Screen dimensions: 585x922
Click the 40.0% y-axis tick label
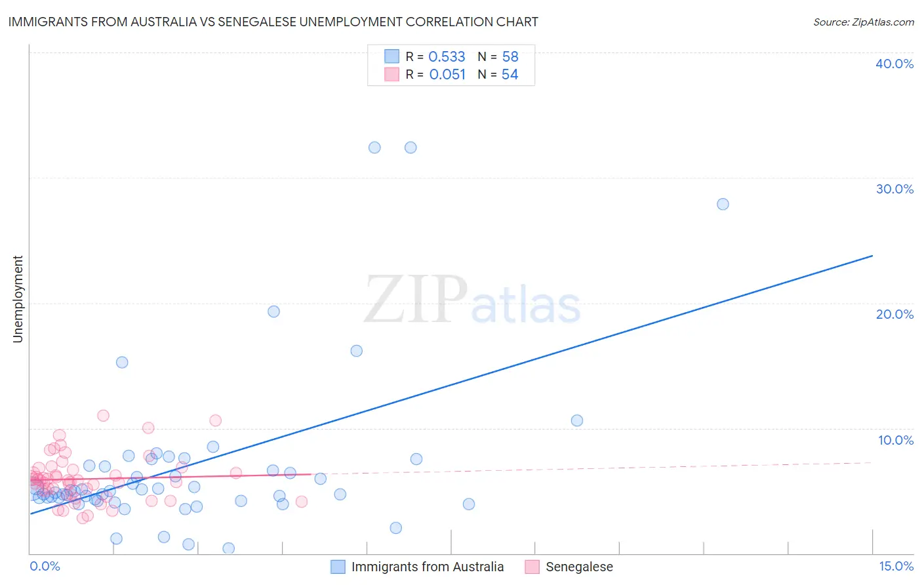[894, 64]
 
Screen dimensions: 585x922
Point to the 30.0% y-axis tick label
[894, 189]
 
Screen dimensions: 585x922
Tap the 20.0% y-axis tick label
[894, 314]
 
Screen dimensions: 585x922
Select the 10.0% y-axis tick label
[896, 440]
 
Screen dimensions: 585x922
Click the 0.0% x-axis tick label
[45, 566]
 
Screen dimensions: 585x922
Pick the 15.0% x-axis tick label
[896, 566]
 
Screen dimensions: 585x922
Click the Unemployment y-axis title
[18, 299]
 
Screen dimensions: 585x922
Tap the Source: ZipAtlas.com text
[863, 22]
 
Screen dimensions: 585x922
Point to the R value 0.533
[447, 57]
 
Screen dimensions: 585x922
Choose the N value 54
[510, 75]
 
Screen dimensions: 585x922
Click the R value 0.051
[447, 75]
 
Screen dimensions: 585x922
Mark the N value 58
[510, 57]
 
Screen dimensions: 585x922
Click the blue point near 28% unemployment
[723, 204]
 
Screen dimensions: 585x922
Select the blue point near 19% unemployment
[273, 312]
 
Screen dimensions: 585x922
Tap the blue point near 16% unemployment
[356, 351]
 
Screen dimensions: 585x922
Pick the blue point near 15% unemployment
[122, 362]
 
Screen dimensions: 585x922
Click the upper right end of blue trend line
[872, 255]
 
